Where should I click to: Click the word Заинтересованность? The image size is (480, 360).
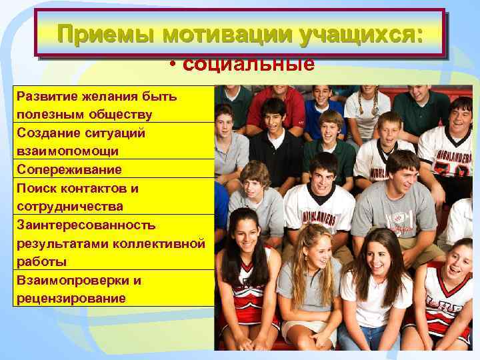coord(86,225)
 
